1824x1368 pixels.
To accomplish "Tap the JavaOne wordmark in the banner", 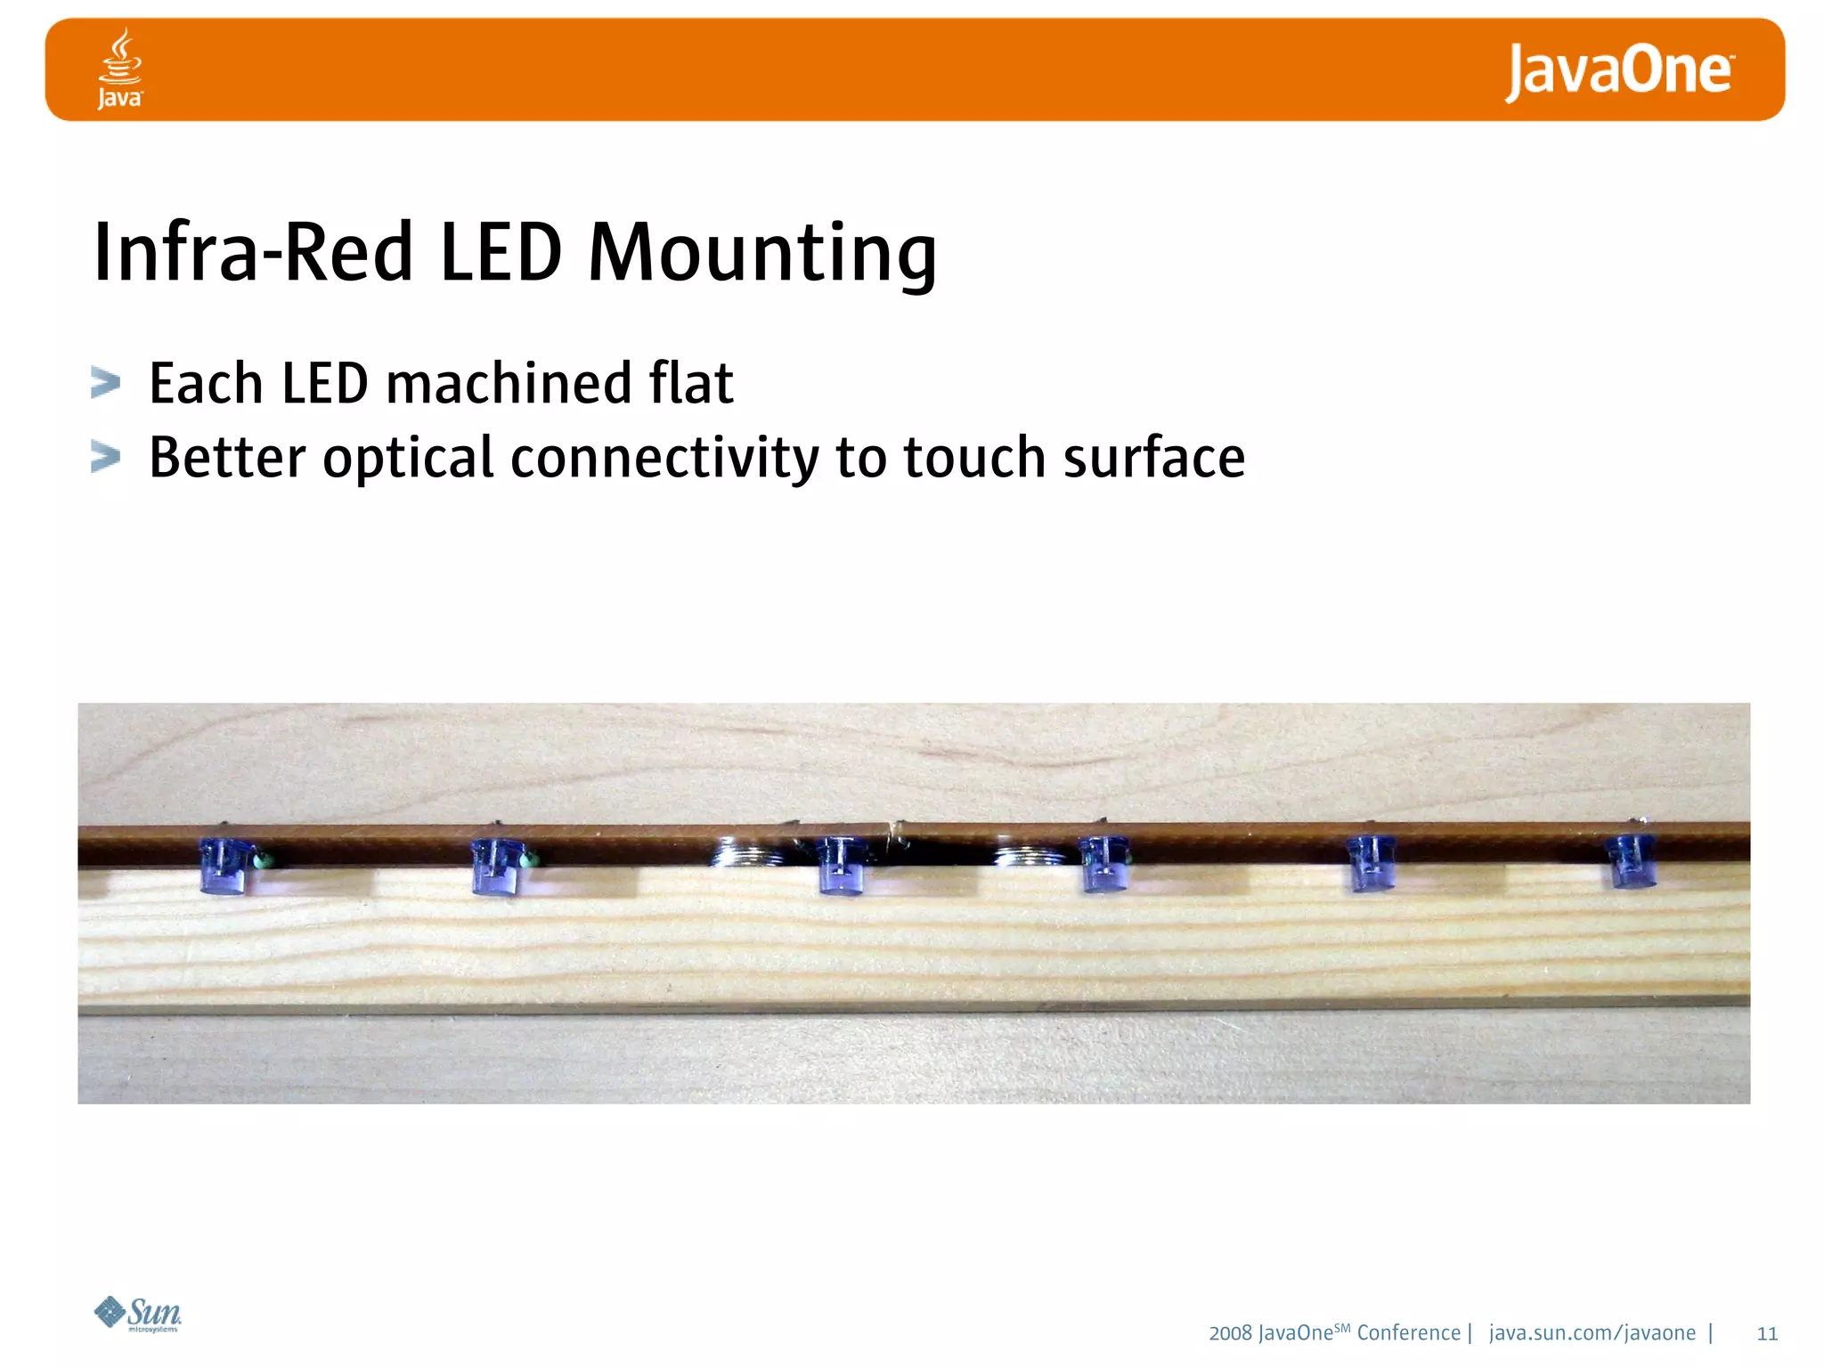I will coord(1618,71).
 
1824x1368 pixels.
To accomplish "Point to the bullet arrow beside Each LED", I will coord(106,383).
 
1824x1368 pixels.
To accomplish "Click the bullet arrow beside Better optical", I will coord(106,457).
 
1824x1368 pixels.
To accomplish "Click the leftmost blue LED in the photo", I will coord(227,866).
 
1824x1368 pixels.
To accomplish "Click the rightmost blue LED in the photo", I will coord(1632,861).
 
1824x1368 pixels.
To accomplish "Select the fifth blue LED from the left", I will coord(1370,863).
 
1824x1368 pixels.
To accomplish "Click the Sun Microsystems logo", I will coord(138,1315).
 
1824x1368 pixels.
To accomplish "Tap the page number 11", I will coord(1767,1333).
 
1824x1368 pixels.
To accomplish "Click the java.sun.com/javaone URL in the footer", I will coord(1592,1333).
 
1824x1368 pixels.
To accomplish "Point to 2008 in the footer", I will coord(1230,1333).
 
